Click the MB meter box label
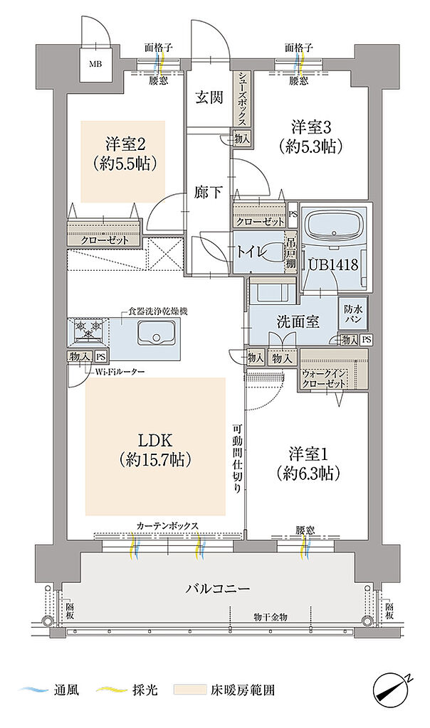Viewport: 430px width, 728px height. (94, 62)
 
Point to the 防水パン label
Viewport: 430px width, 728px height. (354, 314)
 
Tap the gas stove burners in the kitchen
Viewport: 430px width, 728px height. (88, 331)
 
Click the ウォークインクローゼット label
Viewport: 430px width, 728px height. (325, 378)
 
